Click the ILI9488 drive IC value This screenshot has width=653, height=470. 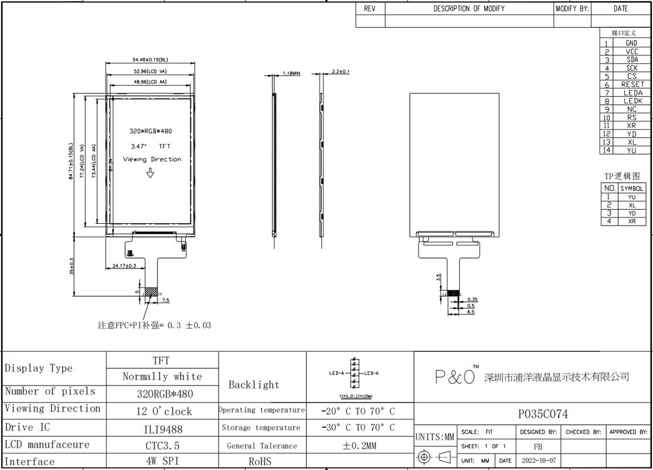tap(162, 428)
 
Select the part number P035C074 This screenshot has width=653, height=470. tap(542, 414)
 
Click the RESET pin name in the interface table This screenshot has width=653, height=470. tap(632, 85)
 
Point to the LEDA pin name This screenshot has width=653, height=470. tap(632, 93)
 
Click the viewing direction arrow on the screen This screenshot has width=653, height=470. tap(150, 173)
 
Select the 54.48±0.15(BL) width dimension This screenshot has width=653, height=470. tap(150, 59)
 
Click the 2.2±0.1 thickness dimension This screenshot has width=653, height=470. tap(341, 72)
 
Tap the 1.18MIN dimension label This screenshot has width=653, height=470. tap(291, 73)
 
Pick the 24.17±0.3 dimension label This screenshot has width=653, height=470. tap(124, 266)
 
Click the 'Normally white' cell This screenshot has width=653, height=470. tap(162, 377)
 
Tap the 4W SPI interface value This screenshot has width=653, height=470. tap(162, 461)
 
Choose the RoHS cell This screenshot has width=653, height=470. tap(260, 461)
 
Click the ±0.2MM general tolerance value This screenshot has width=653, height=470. tap(359, 445)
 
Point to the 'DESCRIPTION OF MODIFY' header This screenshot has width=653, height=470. tap(468, 9)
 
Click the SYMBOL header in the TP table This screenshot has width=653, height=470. tap(632, 189)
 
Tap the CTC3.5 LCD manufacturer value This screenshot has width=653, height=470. tap(162, 445)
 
